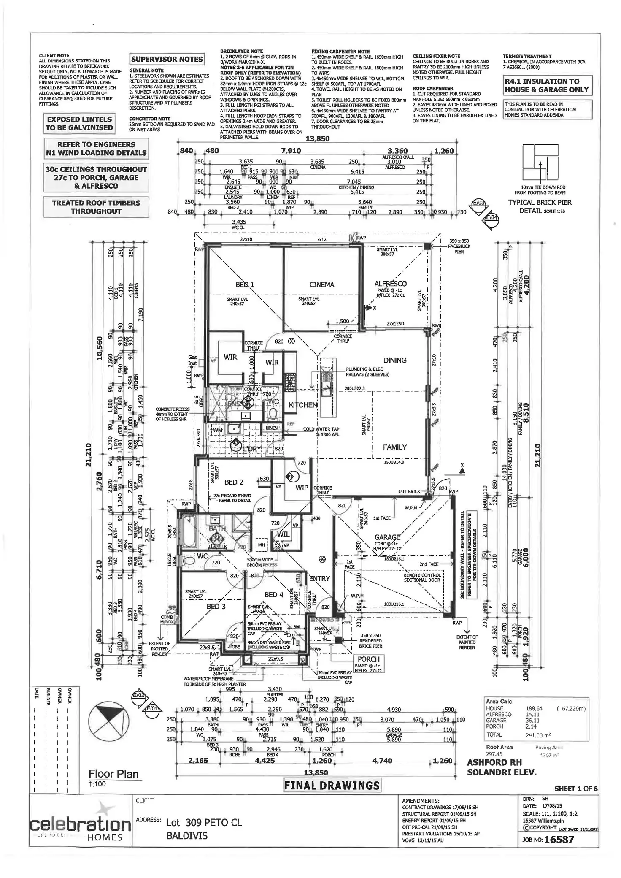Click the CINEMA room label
tap(321, 285)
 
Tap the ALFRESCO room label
tap(390, 284)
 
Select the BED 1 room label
tap(245, 285)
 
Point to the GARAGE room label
tap(387, 537)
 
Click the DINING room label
tap(395, 360)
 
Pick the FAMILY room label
tap(394, 447)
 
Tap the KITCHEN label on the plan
tap(303, 405)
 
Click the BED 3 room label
tap(216, 606)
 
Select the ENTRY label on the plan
tap(319, 579)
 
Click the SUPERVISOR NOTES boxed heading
tap(167, 59)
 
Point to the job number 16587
tap(559, 839)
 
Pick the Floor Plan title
tap(113, 773)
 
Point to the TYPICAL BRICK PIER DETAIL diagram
tap(540, 163)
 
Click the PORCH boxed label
tap(368, 659)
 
